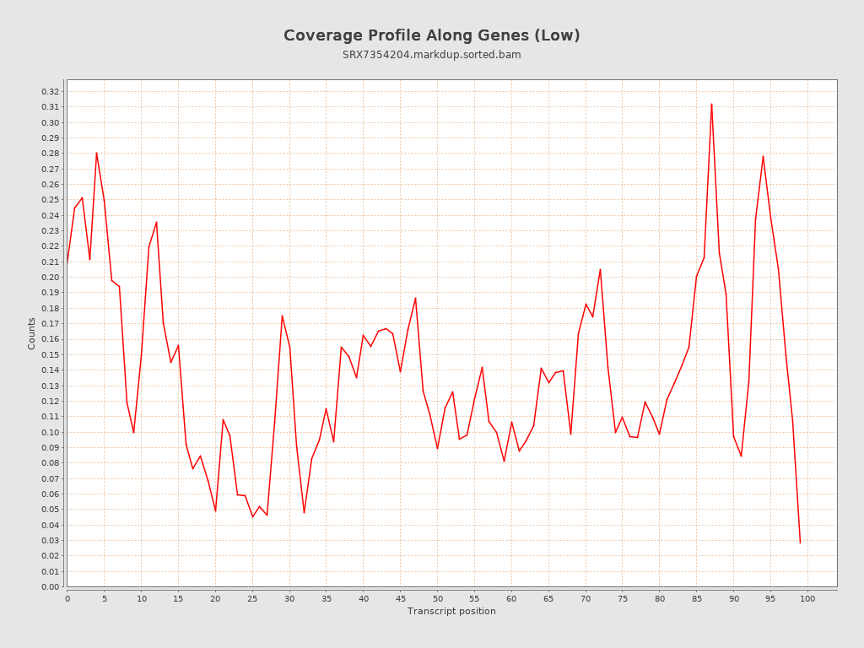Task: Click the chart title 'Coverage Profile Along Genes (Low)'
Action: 431,35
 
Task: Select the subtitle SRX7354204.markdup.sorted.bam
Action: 431,55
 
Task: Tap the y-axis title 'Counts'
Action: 32,333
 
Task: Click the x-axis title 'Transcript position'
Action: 451,611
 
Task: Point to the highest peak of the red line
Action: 711,104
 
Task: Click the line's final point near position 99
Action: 800,543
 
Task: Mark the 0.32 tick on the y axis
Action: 51,91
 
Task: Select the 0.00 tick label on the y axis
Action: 51,586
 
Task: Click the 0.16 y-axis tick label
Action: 51,339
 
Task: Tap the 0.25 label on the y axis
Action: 51,200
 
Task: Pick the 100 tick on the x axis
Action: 807,598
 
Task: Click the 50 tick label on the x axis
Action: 437,598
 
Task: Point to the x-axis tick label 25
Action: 252,598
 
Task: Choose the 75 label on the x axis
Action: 623,598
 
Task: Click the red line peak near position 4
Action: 96,153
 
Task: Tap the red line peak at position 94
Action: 763,156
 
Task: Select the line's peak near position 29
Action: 282,316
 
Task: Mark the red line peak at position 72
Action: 600,269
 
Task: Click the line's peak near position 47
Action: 415,298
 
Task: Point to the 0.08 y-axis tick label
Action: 51,462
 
